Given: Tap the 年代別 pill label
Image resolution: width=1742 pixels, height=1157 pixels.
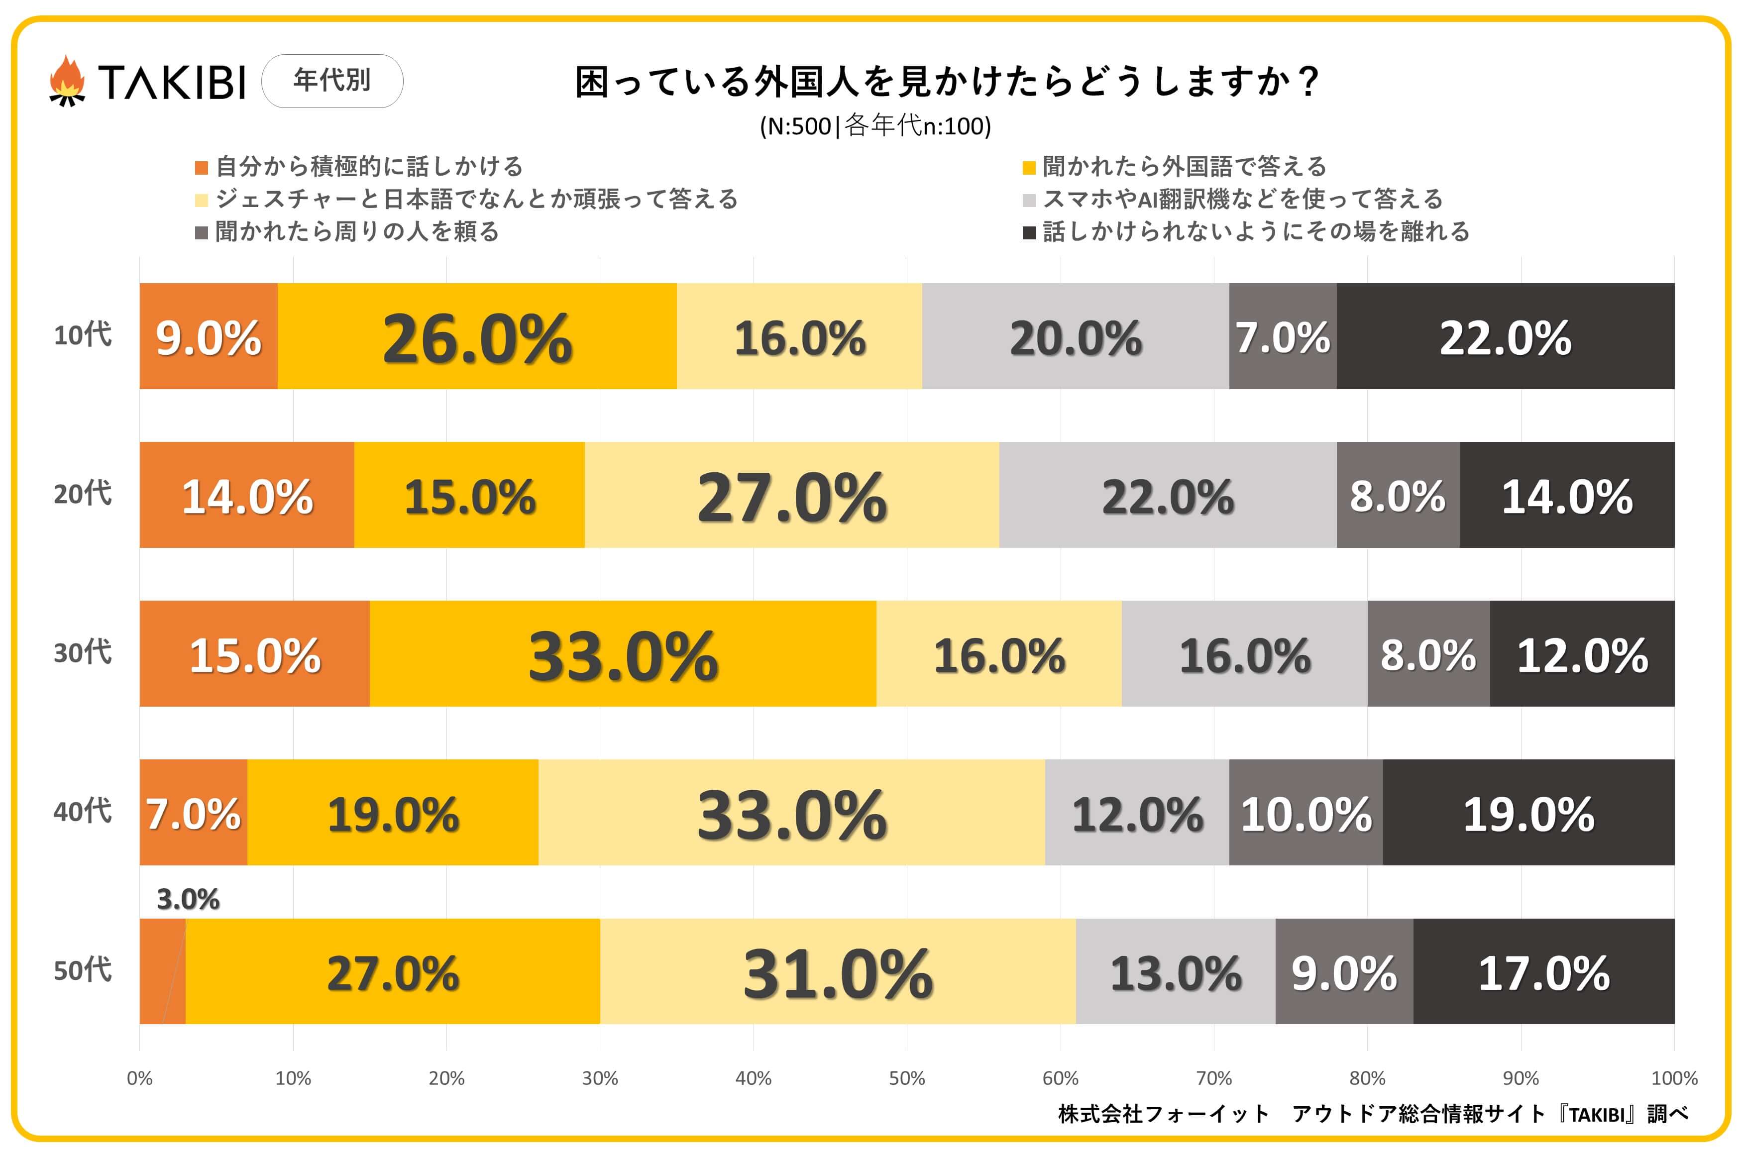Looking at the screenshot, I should tap(332, 81).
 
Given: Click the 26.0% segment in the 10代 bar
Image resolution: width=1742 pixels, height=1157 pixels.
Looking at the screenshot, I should tap(477, 336).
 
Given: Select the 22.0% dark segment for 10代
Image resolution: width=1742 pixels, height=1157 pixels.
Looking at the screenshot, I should tap(1505, 336).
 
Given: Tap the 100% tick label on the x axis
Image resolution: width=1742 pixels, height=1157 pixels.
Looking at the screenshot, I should tap(1673, 1078).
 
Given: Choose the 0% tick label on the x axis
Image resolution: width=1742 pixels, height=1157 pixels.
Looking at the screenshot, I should tap(139, 1078).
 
